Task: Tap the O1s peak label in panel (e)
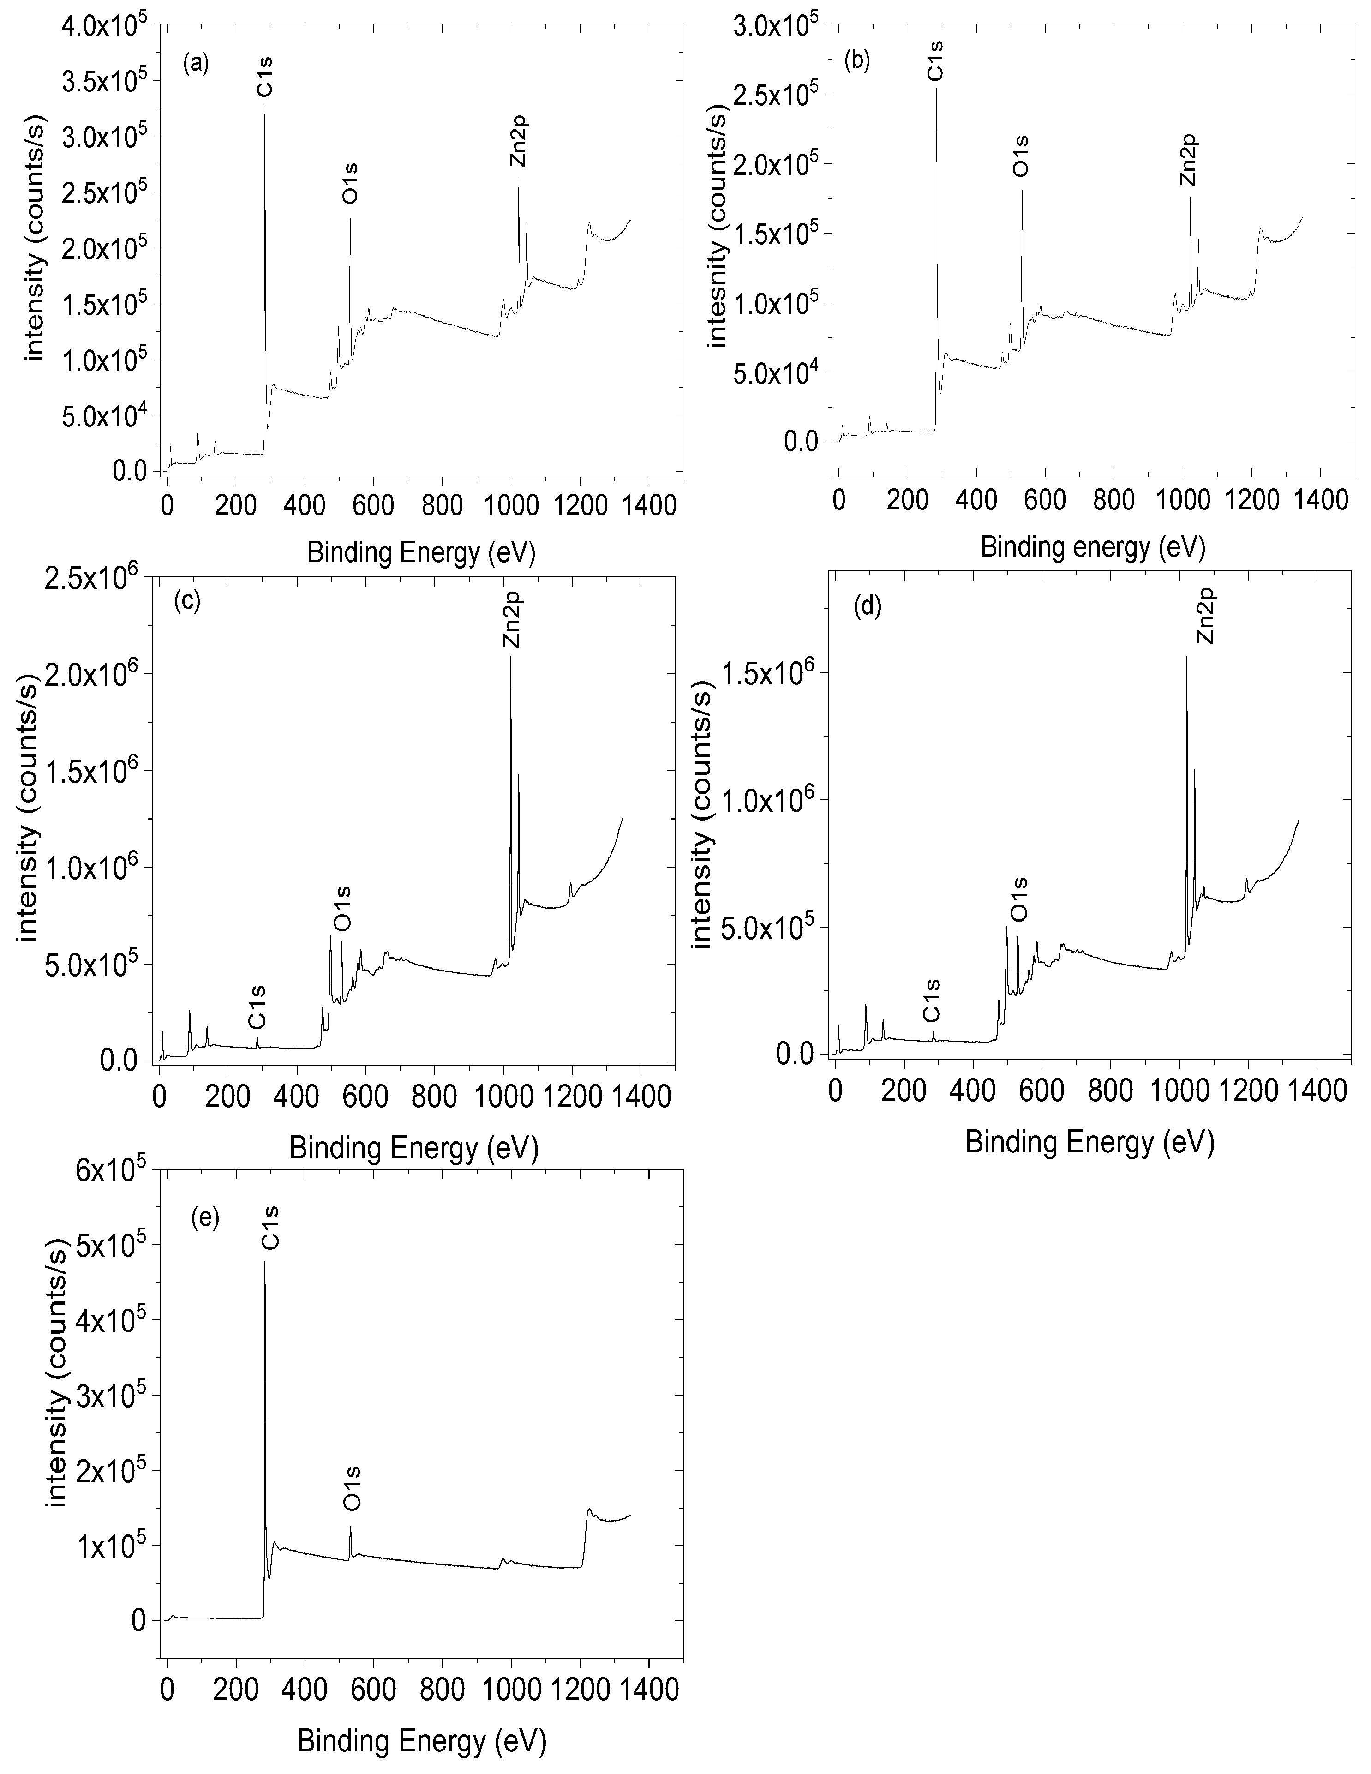pyautogui.click(x=352, y=1488)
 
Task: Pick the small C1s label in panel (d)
pyautogui.click(x=933, y=1001)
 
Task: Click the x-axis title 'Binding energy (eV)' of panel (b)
pyautogui.click(x=1092, y=547)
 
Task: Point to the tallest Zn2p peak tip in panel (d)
pyautogui.click(x=1186, y=656)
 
